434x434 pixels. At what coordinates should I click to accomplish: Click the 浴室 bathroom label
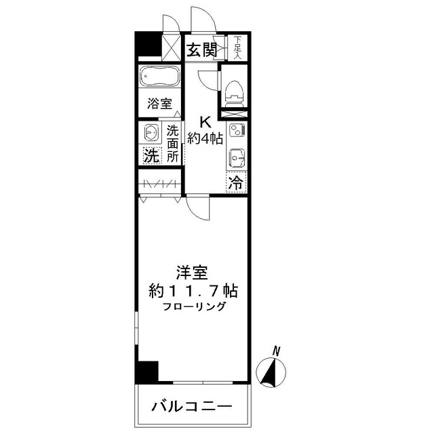pos(160,104)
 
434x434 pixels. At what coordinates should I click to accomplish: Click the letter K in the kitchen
pos(205,123)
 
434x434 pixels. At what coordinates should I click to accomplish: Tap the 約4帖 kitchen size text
pos(205,139)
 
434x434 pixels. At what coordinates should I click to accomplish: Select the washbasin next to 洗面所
pos(151,132)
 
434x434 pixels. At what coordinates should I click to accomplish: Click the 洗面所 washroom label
pos(173,143)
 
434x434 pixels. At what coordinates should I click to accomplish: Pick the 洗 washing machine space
pos(151,154)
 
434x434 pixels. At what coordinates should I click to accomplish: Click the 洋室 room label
pos(193,274)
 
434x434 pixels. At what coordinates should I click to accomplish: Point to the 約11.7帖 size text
pos(193,292)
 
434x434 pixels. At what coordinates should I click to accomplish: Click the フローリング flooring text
pos(194,307)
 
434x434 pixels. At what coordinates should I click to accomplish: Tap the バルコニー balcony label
pos(192,407)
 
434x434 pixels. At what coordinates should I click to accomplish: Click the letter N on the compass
pos(276,351)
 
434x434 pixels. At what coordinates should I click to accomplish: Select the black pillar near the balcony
pos(147,372)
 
